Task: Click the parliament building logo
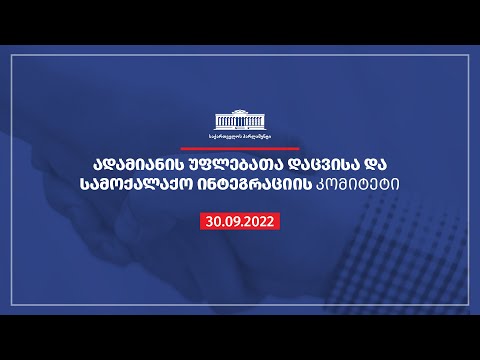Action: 240,116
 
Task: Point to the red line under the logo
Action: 240,146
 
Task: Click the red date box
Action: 240,218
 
